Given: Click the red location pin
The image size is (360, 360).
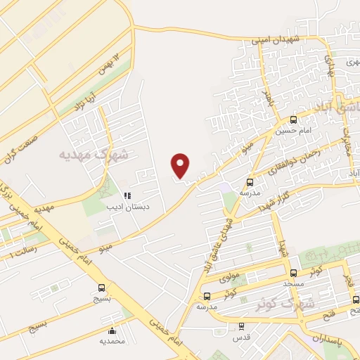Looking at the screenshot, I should click(x=181, y=165).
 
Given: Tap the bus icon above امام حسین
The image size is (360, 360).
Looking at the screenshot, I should click(x=293, y=120).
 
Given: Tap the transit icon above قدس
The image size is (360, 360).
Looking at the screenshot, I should click(x=242, y=326).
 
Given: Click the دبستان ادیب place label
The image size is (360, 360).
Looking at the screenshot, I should click(x=124, y=207).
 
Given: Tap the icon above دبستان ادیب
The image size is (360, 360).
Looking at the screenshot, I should click(x=127, y=196).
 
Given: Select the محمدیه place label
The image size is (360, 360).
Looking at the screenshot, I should click(x=112, y=342).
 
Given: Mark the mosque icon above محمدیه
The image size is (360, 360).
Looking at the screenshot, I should click(x=112, y=331).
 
